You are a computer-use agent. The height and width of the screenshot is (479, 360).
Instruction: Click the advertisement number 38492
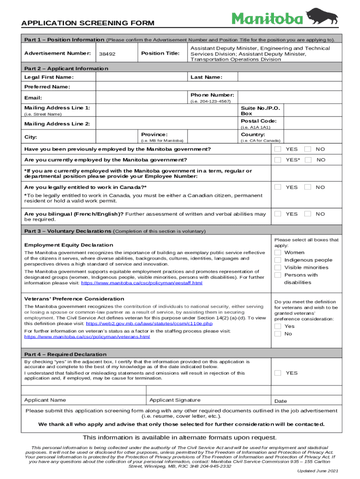(x=108, y=54)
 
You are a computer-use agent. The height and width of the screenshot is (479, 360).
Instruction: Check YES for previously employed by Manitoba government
(x=278, y=149)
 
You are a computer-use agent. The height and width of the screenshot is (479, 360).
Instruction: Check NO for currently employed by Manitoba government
(x=308, y=160)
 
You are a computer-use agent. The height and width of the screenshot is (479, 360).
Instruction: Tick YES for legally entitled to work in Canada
(x=278, y=187)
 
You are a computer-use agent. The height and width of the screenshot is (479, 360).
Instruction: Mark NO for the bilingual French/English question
(x=308, y=214)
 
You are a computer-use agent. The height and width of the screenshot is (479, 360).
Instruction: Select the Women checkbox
(x=278, y=253)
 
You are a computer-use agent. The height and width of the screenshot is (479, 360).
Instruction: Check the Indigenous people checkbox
(x=278, y=260)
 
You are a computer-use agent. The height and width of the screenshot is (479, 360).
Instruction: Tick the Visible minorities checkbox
(x=278, y=268)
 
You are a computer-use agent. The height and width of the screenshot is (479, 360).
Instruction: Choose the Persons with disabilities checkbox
(x=278, y=275)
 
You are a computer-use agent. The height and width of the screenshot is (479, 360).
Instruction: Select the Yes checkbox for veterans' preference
(x=278, y=326)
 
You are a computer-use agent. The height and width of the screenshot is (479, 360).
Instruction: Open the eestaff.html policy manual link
(x=142, y=283)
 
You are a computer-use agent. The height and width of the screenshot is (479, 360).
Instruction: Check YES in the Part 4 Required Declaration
(x=278, y=373)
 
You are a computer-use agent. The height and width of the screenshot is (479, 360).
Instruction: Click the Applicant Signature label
(x=175, y=400)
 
